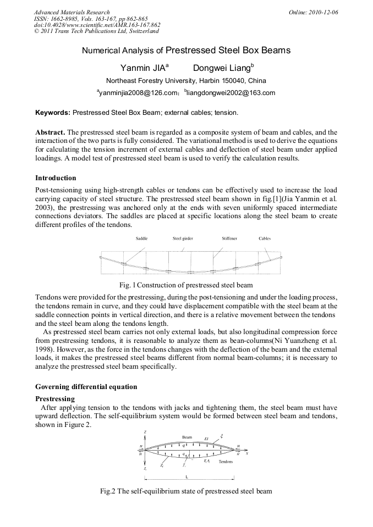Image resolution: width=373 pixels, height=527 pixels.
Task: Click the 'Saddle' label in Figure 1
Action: click(141, 238)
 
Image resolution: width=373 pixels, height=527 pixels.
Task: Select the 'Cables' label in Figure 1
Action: click(265, 238)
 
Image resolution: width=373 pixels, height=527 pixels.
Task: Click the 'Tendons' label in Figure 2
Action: click(226, 462)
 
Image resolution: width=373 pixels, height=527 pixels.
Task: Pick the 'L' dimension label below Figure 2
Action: click(186, 476)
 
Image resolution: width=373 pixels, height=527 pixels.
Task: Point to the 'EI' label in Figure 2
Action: click(206, 439)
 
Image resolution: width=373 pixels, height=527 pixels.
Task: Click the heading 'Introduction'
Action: click(56, 178)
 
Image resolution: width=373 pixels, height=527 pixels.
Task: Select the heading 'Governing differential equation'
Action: click(86, 387)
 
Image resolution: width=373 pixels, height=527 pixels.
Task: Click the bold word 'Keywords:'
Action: click(53, 112)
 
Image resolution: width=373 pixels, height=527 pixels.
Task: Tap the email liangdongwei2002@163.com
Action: click(231, 93)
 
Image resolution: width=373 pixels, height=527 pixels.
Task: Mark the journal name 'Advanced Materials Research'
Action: click(72, 12)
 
